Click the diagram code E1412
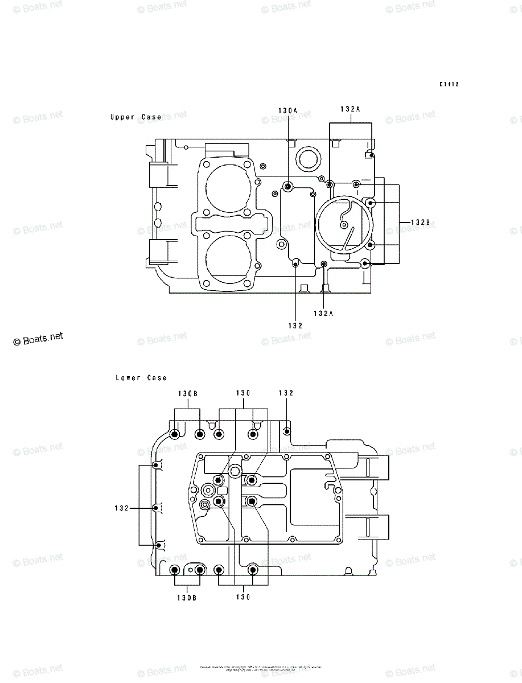(449, 84)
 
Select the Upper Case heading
(135, 117)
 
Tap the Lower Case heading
(141, 378)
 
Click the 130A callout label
(288, 110)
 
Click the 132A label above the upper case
(351, 109)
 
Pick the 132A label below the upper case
(323, 313)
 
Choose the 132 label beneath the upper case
(295, 326)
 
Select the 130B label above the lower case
(187, 393)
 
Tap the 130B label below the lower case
(186, 598)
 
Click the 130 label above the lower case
(243, 393)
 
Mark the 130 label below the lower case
(243, 598)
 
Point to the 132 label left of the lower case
(121, 507)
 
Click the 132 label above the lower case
(286, 393)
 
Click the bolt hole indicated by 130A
(288, 187)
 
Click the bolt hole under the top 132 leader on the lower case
(287, 431)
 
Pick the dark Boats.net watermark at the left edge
(38, 339)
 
